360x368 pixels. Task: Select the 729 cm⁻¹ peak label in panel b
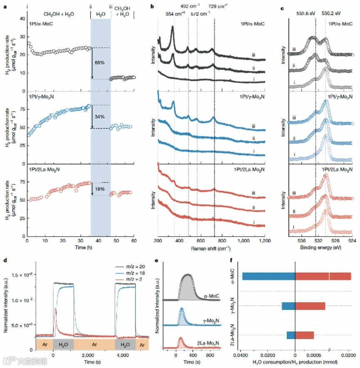[x=223, y=6]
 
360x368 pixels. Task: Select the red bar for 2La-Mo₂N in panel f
[x=304, y=335]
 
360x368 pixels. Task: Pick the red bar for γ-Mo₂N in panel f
[x=310, y=306]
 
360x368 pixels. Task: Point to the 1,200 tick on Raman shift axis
[x=265, y=241]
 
